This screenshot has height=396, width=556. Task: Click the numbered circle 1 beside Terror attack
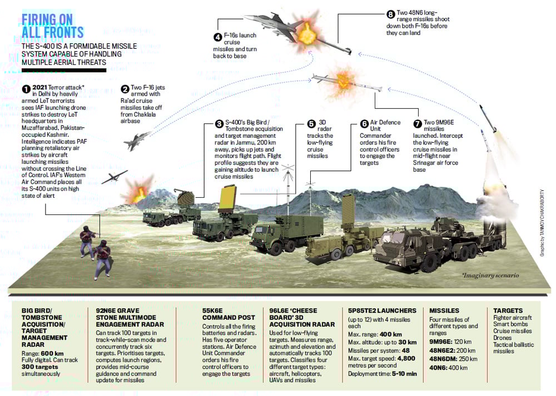pos(26,88)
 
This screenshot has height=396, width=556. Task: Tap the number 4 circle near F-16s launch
pos(217,37)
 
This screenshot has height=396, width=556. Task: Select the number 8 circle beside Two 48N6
pos(390,14)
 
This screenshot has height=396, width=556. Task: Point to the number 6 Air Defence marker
pos(364,124)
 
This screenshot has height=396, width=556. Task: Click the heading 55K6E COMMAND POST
pos(229,314)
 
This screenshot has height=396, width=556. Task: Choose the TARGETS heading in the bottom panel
pos(508,310)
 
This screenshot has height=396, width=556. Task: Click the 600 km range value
pos(52,353)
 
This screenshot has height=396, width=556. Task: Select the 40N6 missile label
pos(439,368)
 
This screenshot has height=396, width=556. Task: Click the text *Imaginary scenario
pos(490,275)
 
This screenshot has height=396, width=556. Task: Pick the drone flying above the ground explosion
pos(114,177)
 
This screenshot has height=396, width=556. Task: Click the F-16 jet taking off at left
pos(136,141)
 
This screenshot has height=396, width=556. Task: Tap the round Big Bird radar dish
pos(185,198)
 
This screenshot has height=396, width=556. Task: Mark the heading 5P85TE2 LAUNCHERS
pos(382,310)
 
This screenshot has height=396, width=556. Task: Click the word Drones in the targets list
pos(503,338)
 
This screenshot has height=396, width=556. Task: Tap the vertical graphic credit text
pos(542,223)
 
